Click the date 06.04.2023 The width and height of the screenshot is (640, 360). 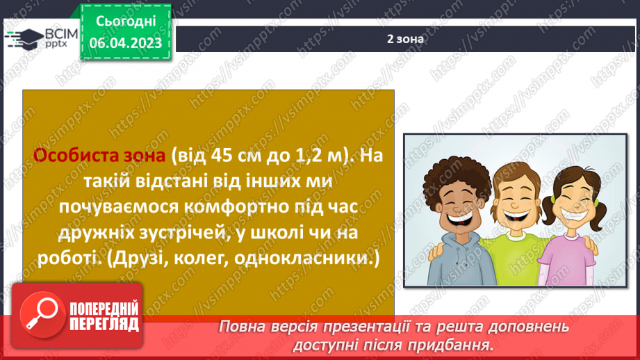[125, 42]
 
